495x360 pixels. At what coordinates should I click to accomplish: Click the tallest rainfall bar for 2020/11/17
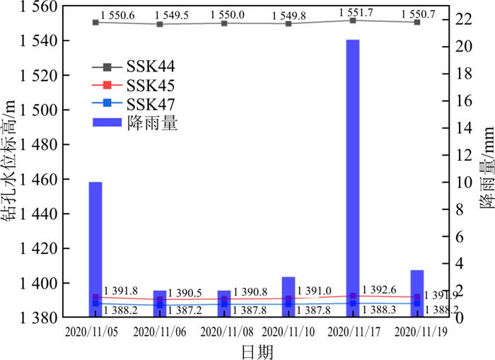tap(352, 177)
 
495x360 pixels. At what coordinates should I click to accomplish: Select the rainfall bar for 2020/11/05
tap(95, 248)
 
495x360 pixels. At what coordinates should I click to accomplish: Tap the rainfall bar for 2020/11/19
tap(417, 293)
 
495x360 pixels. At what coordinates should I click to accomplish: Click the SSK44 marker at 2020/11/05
tap(95, 23)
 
